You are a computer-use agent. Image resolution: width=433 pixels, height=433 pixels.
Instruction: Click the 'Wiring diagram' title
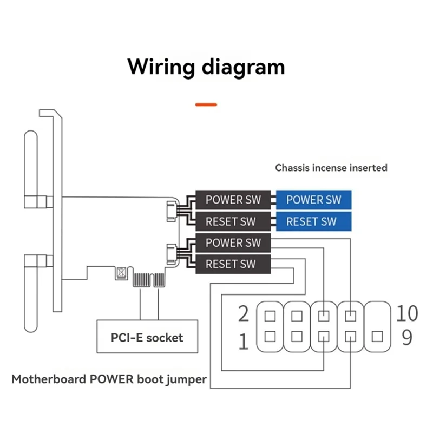pyautogui.click(x=206, y=67)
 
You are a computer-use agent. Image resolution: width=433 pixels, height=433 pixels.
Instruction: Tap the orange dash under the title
pyautogui.click(x=206, y=104)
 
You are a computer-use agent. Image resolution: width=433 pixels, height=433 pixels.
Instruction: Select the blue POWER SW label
pyautogui.click(x=314, y=200)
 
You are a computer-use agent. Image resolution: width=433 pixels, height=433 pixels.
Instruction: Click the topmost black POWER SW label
pyautogui.click(x=233, y=200)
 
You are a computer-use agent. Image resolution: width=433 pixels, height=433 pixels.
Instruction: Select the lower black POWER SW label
pyautogui.click(x=233, y=242)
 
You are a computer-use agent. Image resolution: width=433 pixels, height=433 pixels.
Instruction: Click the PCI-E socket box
pyautogui.click(x=147, y=338)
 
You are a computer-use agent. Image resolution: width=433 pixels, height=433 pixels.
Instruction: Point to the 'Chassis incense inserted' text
pyautogui.click(x=331, y=168)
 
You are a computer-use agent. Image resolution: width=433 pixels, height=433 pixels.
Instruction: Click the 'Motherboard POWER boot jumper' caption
pyautogui.click(x=109, y=379)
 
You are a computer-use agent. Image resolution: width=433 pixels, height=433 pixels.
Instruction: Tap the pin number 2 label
pyautogui.click(x=244, y=313)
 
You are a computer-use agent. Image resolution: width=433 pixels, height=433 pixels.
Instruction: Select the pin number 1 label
pyautogui.click(x=244, y=342)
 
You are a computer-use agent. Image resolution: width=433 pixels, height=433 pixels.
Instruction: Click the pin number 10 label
pyautogui.click(x=406, y=312)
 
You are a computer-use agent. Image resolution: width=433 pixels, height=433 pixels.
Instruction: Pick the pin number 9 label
pyautogui.click(x=406, y=337)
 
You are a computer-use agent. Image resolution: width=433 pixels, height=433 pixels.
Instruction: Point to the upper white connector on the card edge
pyautogui.click(x=172, y=210)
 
